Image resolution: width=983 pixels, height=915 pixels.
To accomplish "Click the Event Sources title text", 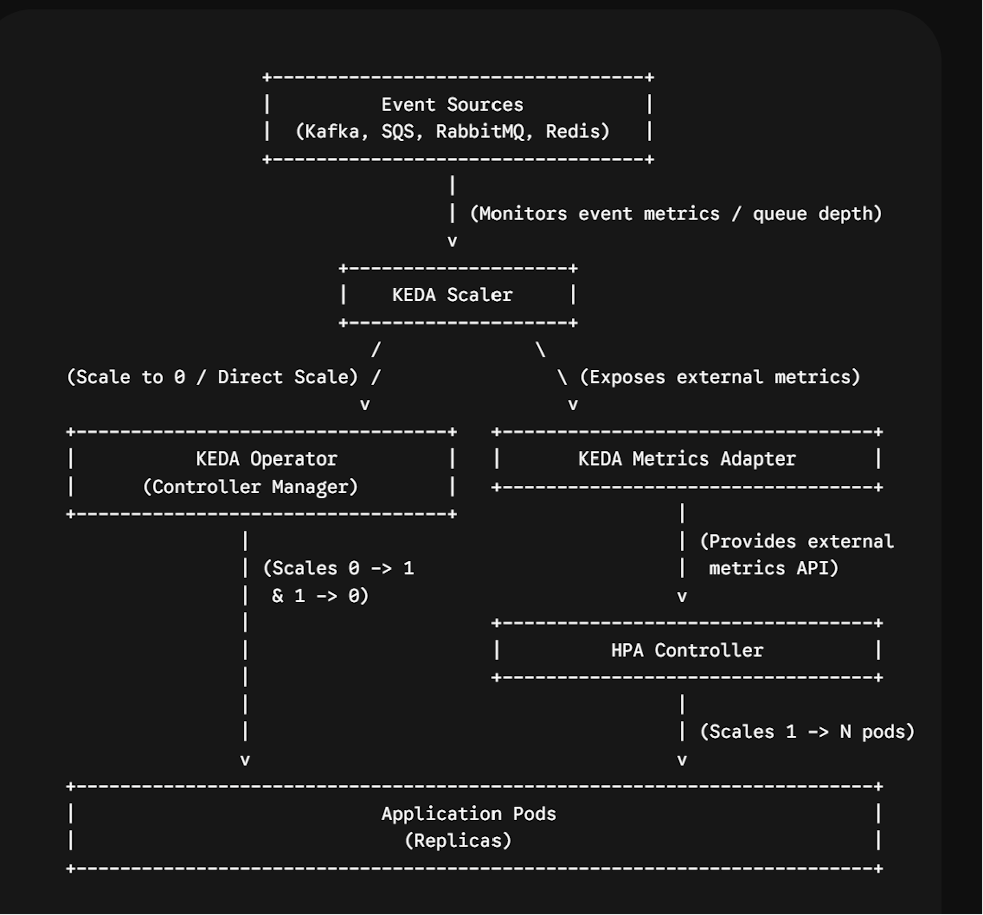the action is (x=452, y=105).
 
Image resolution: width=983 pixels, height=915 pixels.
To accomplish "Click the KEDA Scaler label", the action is (x=452, y=295).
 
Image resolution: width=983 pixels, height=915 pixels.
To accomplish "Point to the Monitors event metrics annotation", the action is (x=676, y=214).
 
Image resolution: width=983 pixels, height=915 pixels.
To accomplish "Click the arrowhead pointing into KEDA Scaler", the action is (x=452, y=241).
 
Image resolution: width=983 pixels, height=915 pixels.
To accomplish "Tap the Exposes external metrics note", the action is (x=720, y=377).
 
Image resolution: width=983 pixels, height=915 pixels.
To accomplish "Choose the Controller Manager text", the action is (x=250, y=487).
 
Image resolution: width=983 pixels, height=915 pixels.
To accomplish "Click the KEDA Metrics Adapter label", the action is (x=687, y=459).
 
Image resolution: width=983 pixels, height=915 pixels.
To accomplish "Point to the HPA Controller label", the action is (x=687, y=650).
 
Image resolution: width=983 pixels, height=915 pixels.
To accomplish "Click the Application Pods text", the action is (x=469, y=814).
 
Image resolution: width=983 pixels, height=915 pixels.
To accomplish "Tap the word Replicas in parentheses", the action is (x=458, y=841).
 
